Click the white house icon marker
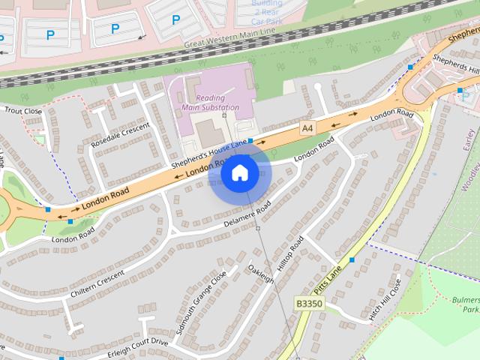click(x=240, y=173)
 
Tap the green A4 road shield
click(x=307, y=128)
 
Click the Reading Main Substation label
click(x=210, y=103)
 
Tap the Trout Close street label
click(x=22, y=111)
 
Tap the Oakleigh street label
click(x=261, y=274)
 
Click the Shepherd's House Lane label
click(x=208, y=155)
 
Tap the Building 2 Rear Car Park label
click(x=267, y=13)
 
